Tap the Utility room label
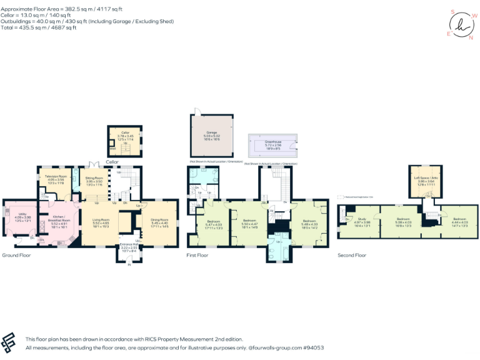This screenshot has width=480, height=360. [14, 214]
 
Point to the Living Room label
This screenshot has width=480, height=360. [101, 219]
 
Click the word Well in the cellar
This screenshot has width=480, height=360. [112, 148]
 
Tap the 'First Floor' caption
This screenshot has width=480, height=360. [199, 256]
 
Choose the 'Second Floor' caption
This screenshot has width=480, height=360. [351, 256]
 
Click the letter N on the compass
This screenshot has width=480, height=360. [471, 37]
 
